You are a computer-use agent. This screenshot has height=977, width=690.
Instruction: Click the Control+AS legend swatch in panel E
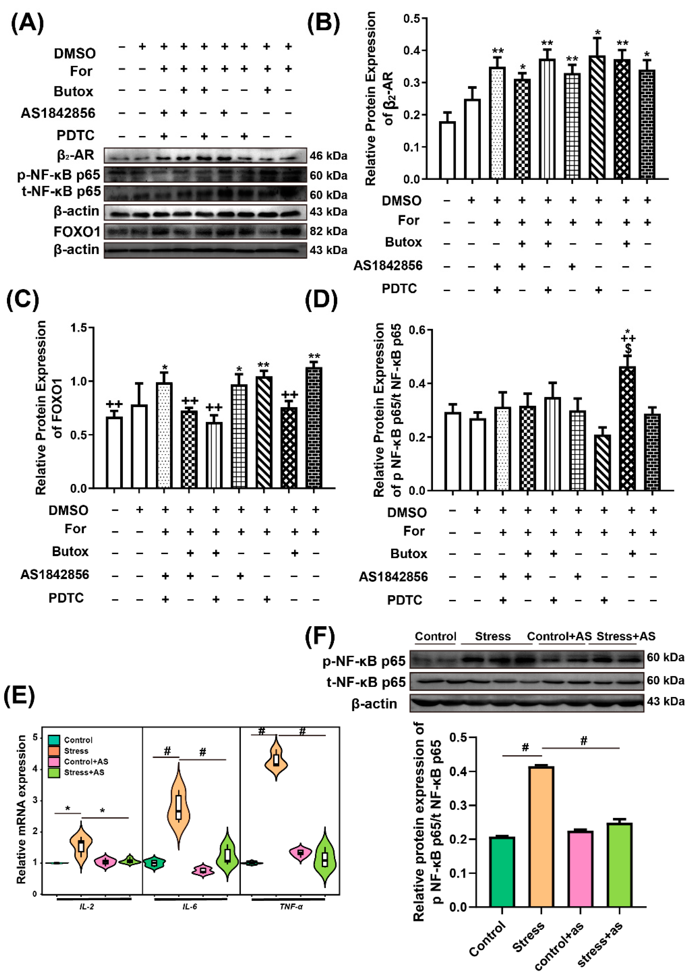tap(54, 761)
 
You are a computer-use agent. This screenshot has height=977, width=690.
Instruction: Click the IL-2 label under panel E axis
tap(86, 907)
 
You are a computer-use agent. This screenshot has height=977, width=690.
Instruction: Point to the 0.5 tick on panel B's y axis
tap(411, 18)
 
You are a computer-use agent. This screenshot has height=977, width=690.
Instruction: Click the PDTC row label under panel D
tap(404, 600)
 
